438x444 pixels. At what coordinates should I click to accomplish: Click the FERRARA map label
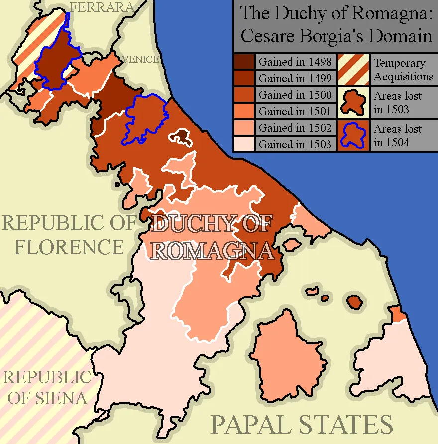pyautogui.click(x=102, y=7)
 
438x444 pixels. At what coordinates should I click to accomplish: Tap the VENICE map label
pyautogui.click(x=141, y=59)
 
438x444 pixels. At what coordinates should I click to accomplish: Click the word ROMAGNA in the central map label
pyautogui.click(x=213, y=250)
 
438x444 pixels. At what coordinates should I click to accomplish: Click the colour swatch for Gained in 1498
pyautogui.click(x=244, y=62)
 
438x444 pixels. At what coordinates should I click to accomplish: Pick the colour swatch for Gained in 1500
pyautogui.click(x=244, y=95)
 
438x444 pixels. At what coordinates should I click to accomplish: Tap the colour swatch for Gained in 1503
pyautogui.click(x=244, y=144)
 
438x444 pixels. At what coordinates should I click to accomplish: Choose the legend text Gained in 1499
pyautogui.click(x=295, y=78)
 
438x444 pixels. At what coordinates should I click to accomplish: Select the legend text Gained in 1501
pyautogui.click(x=295, y=111)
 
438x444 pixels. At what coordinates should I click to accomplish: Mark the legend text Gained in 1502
pyautogui.click(x=295, y=128)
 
